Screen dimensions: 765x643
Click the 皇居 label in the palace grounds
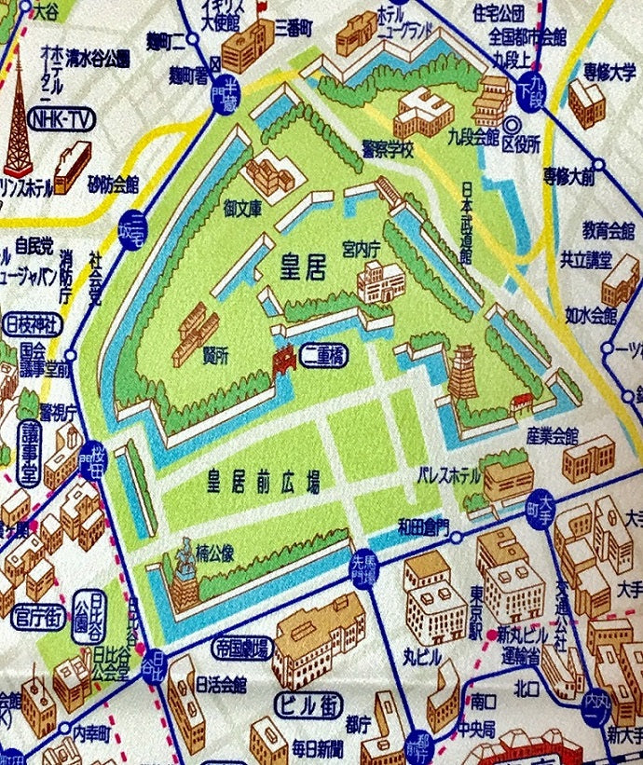pyautogui.click(x=304, y=269)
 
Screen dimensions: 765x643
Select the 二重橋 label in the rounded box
pyautogui.click(x=323, y=355)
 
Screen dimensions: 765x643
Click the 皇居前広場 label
pyautogui.click(x=264, y=482)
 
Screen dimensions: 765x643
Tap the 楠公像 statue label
pyautogui.click(x=213, y=553)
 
